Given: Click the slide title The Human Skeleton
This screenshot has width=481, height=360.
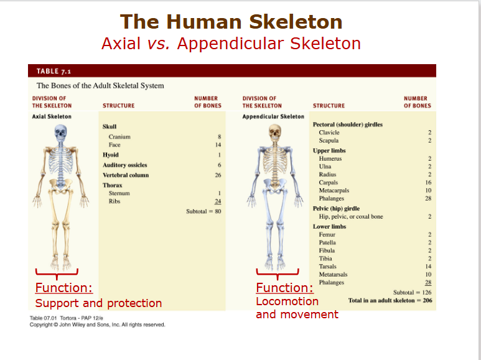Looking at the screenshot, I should (x=231, y=22).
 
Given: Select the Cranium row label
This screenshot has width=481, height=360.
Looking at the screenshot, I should (x=119, y=136).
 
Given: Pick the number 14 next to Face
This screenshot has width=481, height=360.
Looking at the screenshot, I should (x=218, y=144).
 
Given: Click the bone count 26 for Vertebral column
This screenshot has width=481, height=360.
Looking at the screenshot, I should (x=218, y=175).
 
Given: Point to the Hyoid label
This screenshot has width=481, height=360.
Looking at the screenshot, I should (x=111, y=154).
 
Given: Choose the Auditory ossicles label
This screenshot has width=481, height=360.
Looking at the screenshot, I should (x=125, y=165).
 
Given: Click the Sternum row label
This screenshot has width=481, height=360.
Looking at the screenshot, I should (x=119, y=193).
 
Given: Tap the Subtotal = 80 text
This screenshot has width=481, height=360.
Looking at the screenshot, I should (x=204, y=212).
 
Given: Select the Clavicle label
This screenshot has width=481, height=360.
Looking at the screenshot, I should (x=329, y=133).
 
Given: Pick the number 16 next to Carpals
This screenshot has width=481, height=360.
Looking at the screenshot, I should (x=427, y=182).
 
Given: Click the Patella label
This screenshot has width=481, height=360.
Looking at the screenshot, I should (x=327, y=242).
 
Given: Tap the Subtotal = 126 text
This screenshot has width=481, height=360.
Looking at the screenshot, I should (x=413, y=292).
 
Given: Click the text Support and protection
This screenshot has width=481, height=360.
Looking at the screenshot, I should (x=98, y=303).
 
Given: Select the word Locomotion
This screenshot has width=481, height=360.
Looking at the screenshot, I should (x=287, y=301).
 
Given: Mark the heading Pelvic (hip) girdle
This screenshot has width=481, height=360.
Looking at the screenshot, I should (x=336, y=208).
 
